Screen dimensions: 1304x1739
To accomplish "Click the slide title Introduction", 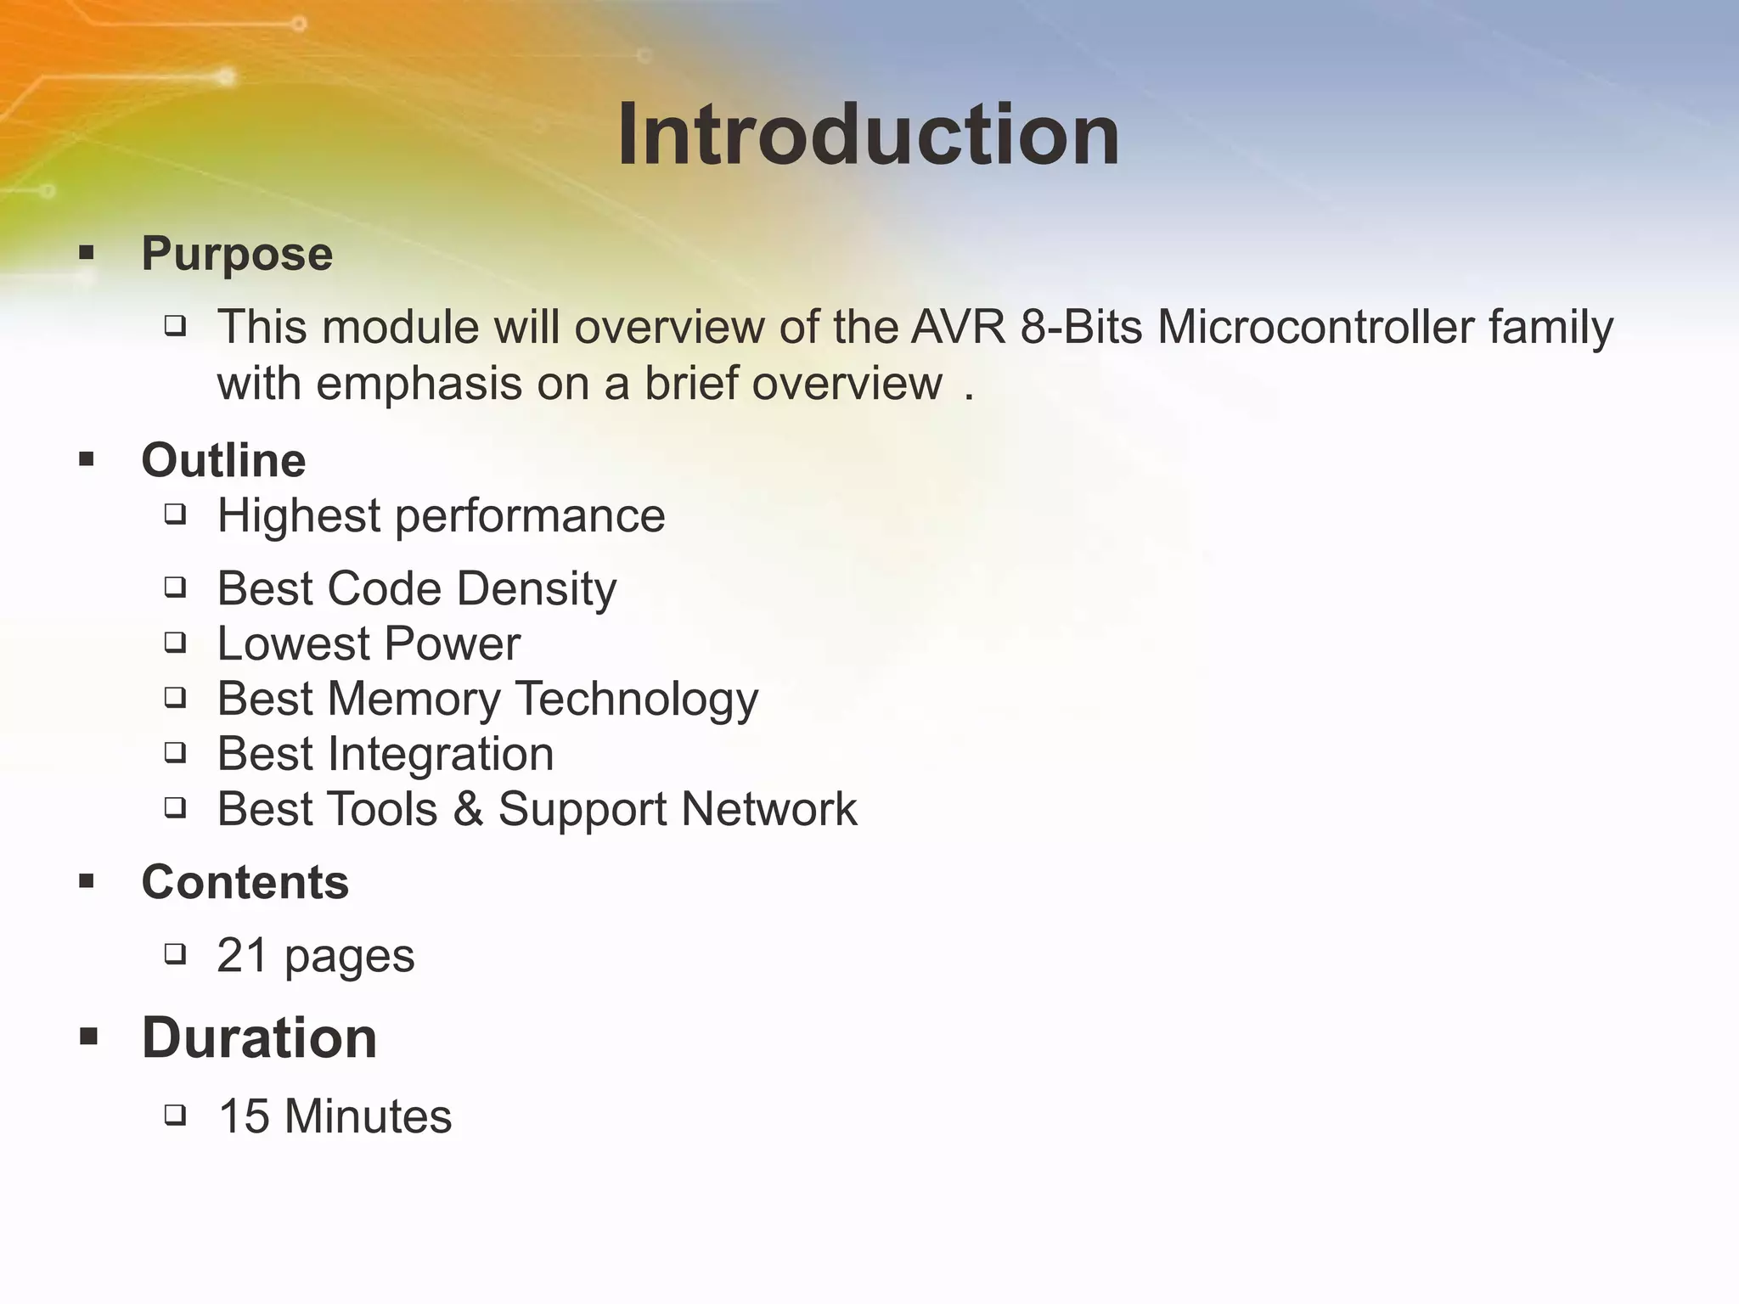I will click(x=868, y=136).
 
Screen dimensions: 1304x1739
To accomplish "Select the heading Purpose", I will click(x=237, y=253).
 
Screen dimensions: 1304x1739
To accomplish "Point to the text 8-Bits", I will click(x=1081, y=327).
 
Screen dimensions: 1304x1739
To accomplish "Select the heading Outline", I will click(x=223, y=460).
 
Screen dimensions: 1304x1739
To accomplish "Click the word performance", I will click(x=530, y=517).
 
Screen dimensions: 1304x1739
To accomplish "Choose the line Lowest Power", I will click(x=369, y=644).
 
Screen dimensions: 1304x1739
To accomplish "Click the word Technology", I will click(x=636, y=700).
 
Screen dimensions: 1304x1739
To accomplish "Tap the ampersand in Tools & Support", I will click(x=468, y=809).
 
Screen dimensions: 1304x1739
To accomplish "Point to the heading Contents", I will click(x=245, y=882).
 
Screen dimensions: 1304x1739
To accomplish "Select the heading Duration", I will click(x=259, y=1037).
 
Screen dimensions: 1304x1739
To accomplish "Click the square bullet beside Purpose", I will click(x=87, y=252).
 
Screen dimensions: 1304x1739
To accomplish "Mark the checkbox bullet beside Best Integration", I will click(x=175, y=752).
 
